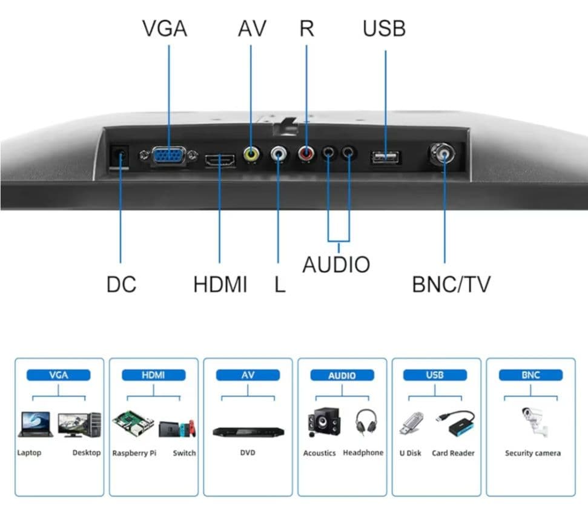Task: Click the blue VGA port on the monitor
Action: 169,156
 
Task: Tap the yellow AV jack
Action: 251,154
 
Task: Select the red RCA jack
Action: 306,153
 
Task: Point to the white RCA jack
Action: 278,153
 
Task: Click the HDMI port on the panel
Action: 220,160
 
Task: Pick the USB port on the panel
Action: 385,157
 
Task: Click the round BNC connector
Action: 443,154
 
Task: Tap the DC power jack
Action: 120,156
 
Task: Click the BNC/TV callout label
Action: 451,284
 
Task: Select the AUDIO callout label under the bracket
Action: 336,265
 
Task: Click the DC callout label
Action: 121,284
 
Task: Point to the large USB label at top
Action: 385,28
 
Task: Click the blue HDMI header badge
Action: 153,375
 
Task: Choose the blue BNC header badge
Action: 530,375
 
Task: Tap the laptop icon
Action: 35,424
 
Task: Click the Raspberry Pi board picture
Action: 133,424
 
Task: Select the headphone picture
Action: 366,422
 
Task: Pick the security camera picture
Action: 535,422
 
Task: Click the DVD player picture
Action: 248,432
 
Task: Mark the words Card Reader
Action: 453,453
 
